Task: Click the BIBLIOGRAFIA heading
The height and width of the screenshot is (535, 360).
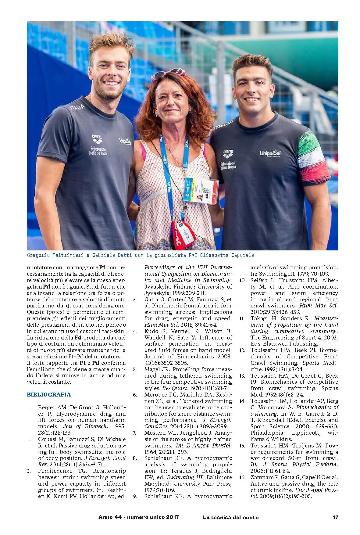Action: pos(49,394)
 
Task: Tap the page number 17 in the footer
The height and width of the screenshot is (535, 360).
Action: pos(335,517)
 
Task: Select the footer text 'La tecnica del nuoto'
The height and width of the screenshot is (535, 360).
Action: pos(230,517)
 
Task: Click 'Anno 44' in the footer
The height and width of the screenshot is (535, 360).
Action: pos(110,517)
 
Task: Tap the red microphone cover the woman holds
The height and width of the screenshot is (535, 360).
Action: pos(184,233)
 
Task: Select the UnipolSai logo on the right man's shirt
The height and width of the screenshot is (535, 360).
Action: pos(270,153)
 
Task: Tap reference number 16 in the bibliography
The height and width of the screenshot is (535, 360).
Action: pos(242,477)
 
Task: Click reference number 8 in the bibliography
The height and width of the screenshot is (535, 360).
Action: pos(135,458)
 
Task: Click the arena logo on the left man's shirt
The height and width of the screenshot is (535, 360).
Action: pos(97,139)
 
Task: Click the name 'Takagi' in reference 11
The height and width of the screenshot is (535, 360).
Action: pos(259,318)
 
